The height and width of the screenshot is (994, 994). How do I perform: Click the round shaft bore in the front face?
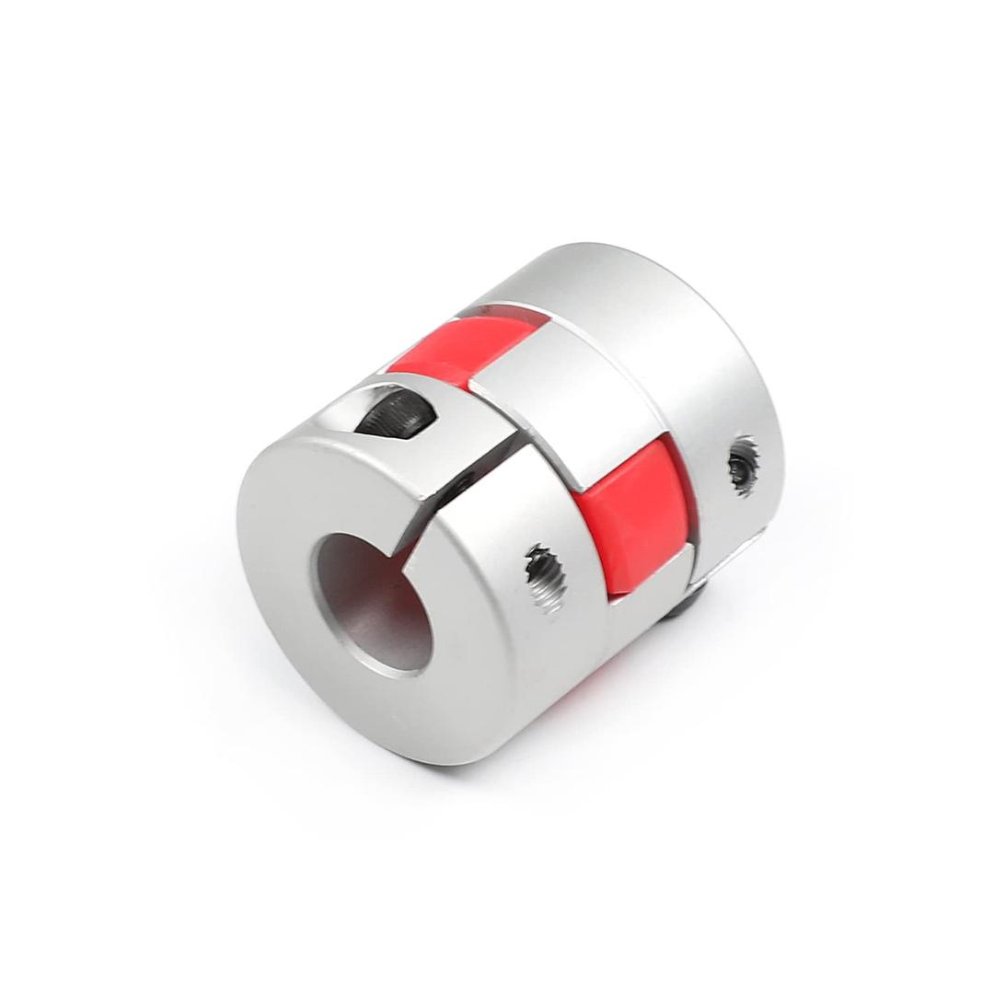[x=374, y=603]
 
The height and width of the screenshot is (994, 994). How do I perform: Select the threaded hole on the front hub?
[x=545, y=577]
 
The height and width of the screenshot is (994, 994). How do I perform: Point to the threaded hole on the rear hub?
[x=743, y=466]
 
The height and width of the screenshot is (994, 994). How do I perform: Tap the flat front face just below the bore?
[x=387, y=709]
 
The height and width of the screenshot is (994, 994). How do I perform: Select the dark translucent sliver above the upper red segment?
[x=502, y=313]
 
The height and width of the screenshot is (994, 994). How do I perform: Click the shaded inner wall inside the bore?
[x=345, y=589]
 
